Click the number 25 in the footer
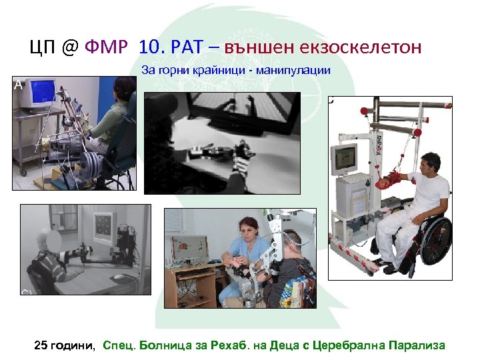tap(41, 345)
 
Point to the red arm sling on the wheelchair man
tap(390, 177)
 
